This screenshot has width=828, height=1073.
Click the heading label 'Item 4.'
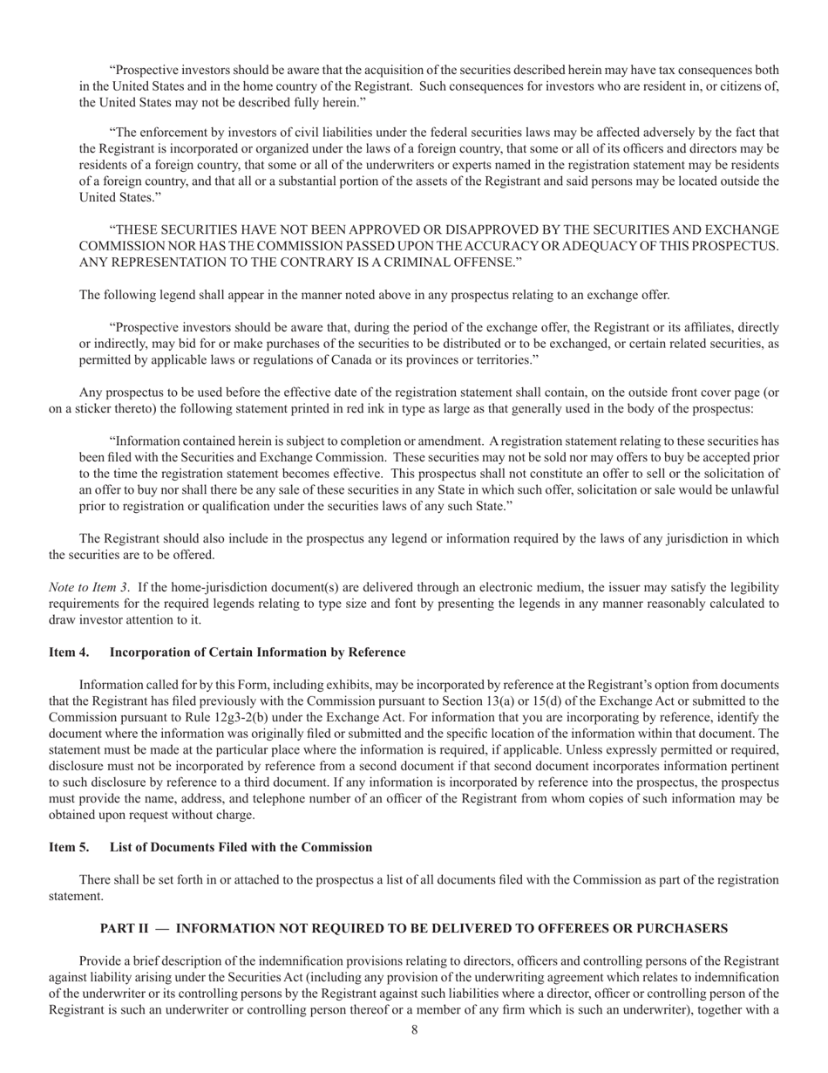[68, 652]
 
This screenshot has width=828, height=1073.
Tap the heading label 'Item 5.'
[68, 847]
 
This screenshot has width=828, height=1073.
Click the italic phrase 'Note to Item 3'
[88, 588]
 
